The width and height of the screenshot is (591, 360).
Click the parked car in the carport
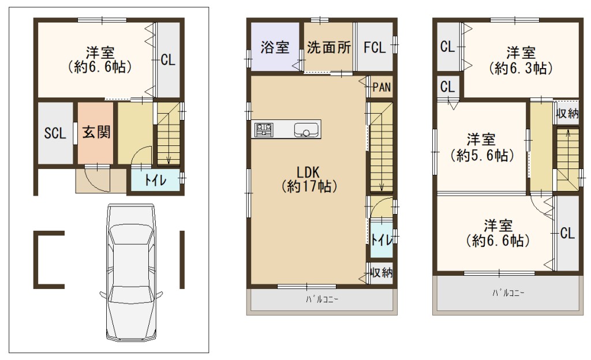point(131,273)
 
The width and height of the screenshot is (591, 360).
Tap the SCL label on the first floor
point(55,133)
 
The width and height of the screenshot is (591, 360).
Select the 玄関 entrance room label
point(96,132)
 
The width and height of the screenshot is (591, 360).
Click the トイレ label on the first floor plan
point(155,181)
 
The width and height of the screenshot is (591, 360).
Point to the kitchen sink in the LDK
point(306,130)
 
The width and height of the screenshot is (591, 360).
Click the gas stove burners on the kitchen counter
point(264,130)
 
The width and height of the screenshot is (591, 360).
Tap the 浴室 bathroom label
point(275,47)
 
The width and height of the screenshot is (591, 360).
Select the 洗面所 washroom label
point(328,47)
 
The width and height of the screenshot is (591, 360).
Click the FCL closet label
point(375,48)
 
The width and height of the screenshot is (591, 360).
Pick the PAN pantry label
point(381,87)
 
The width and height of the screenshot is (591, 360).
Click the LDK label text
point(308,172)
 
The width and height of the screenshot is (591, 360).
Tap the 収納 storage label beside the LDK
point(381,272)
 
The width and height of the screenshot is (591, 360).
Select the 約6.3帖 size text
point(521,68)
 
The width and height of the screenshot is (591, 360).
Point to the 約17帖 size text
point(309,186)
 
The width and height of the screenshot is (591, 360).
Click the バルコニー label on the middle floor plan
point(322,300)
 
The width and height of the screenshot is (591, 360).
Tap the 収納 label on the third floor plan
point(567,113)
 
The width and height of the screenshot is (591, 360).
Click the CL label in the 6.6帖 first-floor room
point(168,60)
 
